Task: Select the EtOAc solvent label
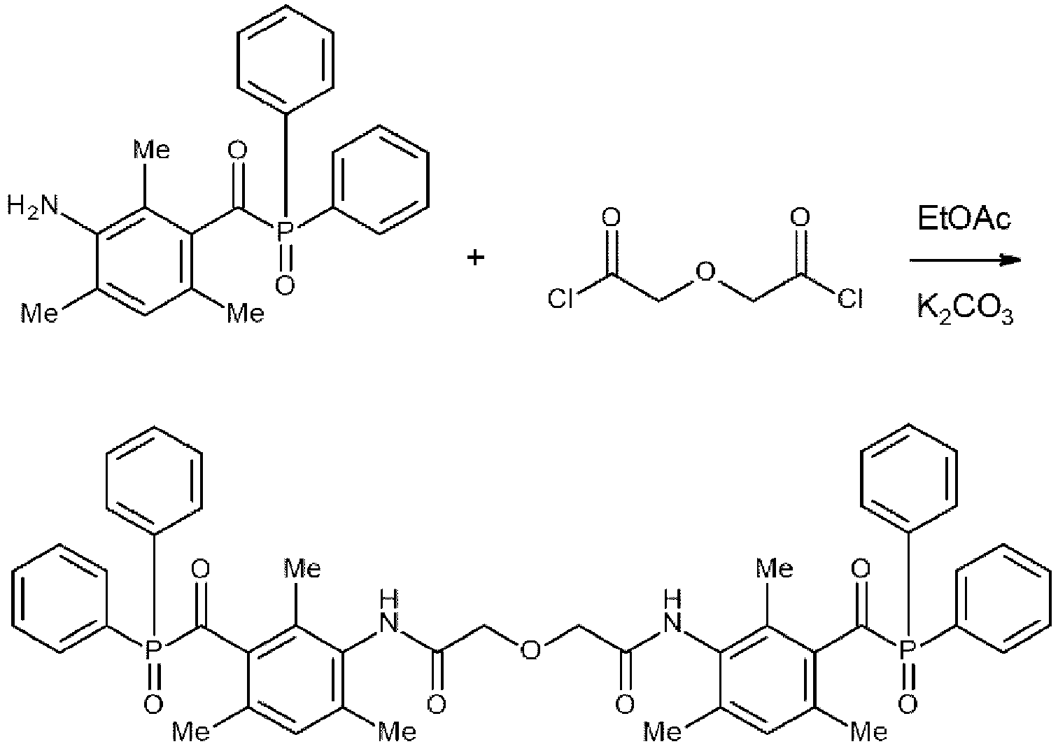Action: tap(964, 219)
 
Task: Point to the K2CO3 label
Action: tap(965, 309)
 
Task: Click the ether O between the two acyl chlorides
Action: tap(705, 270)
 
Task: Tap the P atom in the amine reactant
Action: tap(283, 230)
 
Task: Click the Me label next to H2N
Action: tap(152, 150)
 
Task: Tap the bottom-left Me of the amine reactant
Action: tap(39, 313)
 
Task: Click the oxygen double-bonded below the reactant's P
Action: tap(283, 284)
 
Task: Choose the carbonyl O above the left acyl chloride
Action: tap(610, 218)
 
